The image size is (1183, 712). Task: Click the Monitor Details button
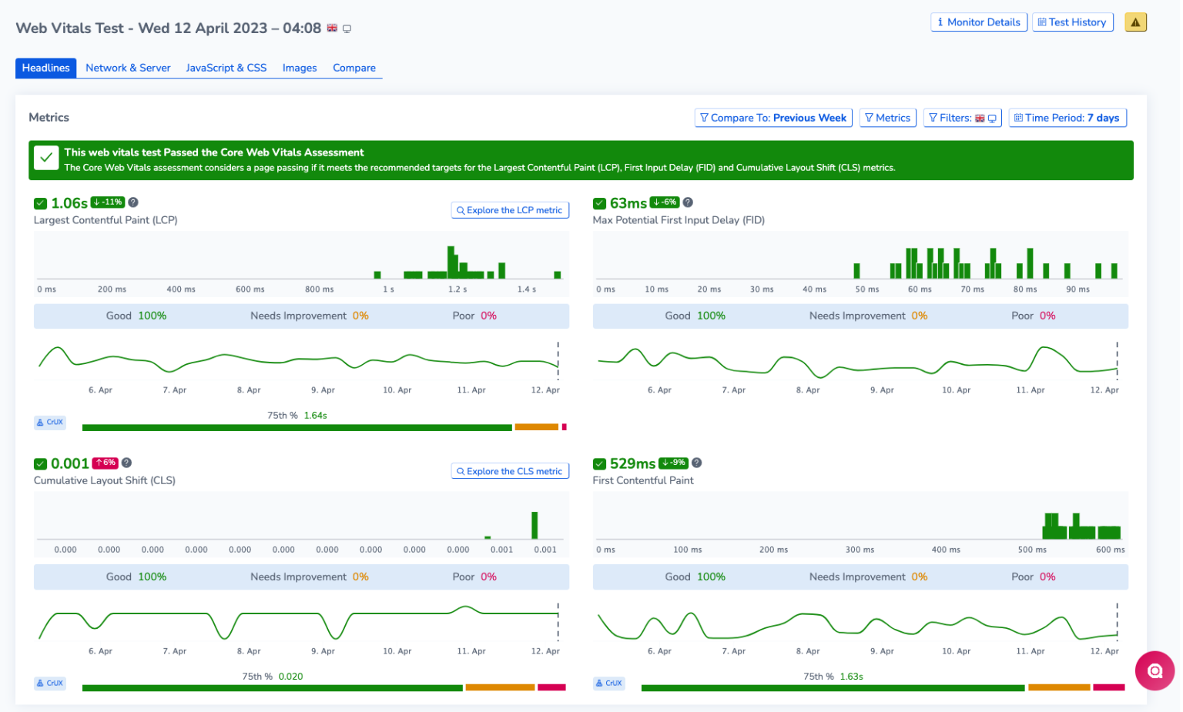pyautogui.click(x=978, y=22)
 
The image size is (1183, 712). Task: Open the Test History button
pyautogui.click(x=1072, y=22)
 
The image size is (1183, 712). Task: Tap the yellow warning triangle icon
pyautogui.click(x=1135, y=22)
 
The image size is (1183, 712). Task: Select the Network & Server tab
pyautogui.click(x=128, y=68)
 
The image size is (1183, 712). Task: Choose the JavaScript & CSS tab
pyautogui.click(x=226, y=68)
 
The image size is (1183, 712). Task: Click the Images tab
pyautogui.click(x=299, y=68)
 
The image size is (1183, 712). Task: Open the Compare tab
pyautogui.click(x=354, y=68)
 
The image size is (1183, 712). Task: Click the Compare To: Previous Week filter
pyautogui.click(x=772, y=118)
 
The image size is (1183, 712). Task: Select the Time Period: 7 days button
pyautogui.click(x=1067, y=118)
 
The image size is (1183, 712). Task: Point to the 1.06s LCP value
pyautogui.click(x=69, y=203)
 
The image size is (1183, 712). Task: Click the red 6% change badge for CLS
pyautogui.click(x=105, y=463)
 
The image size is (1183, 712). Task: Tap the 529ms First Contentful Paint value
pyautogui.click(x=632, y=463)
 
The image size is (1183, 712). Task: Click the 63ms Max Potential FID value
pyautogui.click(x=628, y=203)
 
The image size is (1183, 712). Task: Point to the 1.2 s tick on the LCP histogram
pyautogui.click(x=457, y=289)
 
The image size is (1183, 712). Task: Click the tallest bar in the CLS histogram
pyautogui.click(x=535, y=525)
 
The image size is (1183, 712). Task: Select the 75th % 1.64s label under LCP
pyautogui.click(x=297, y=416)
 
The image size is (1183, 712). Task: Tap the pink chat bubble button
pyautogui.click(x=1154, y=670)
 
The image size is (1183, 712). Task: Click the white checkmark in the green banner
pyautogui.click(x=46, y=159)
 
